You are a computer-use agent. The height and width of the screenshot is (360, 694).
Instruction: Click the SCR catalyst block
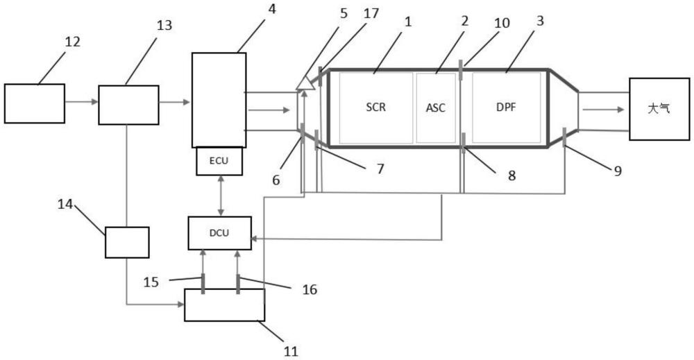point(375,108)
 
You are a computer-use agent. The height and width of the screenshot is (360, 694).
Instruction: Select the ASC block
point(436,108)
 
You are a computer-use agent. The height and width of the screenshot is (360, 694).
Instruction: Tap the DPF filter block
point(507,108)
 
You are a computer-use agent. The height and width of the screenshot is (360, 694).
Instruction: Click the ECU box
point(219,161)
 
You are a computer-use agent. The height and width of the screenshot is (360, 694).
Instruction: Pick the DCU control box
point(219,233)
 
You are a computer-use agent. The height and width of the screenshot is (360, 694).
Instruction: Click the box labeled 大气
point(659,109)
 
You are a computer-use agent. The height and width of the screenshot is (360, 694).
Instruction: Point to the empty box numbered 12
point(35,103)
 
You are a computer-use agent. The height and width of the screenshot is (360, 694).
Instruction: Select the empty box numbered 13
point(128,105)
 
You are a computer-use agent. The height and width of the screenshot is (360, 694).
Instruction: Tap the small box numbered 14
point(127,242)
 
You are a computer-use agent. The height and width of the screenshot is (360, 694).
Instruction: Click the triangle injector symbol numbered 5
point(306,83)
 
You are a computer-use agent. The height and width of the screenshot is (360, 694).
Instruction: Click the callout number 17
point(371,14)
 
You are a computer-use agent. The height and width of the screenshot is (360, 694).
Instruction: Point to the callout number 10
point(502,23)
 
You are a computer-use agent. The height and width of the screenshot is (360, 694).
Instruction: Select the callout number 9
point(617,171)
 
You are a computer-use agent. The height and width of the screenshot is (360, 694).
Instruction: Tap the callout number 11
point(291,351)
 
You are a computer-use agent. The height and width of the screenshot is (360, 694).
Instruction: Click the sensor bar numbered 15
point(203,284)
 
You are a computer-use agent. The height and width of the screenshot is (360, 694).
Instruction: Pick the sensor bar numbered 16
point(238,284)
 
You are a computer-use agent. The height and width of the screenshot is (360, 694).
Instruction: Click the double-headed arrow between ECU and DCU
point(221,196)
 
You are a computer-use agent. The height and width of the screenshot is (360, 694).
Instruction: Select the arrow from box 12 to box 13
point(81,102)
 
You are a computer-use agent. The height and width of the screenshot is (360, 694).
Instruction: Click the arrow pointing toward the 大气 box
point(603,109)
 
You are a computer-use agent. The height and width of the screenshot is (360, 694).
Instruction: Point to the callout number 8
point(511,175)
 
